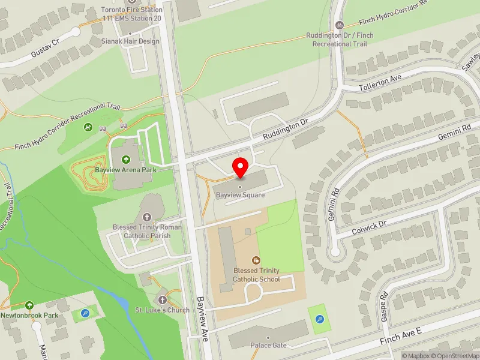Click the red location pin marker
(241, 166)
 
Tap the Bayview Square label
(241, 195)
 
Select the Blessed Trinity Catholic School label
(257, 275)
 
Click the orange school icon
(256, 260)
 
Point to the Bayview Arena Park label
(125, 170)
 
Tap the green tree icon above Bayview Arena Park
(126, 160)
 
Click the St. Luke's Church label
(162, 310)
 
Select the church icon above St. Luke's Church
(162, 299)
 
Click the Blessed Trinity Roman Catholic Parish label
(147, 232)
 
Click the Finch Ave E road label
(401, 335)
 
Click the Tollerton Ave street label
(379, 83)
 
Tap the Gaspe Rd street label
(385, 307)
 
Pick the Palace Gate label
(269, 346)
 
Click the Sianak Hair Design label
(131, 41)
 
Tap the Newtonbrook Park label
(29, 315)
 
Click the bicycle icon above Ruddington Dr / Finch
(339, 25)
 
